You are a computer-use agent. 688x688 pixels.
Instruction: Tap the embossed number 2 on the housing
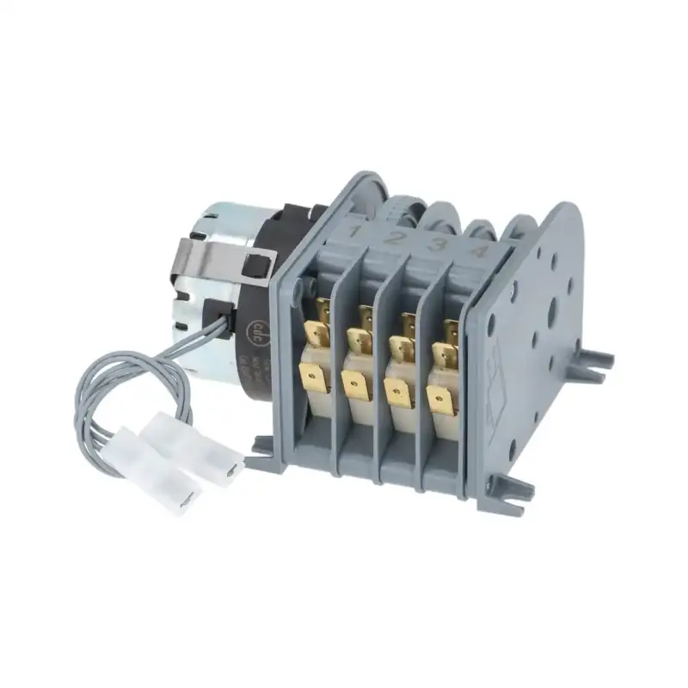point(395,237)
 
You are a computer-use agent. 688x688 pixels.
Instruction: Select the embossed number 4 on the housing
point(480,253)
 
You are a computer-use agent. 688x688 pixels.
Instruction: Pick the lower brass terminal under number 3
point(397,393)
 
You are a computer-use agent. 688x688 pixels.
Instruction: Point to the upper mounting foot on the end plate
point(595,362)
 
